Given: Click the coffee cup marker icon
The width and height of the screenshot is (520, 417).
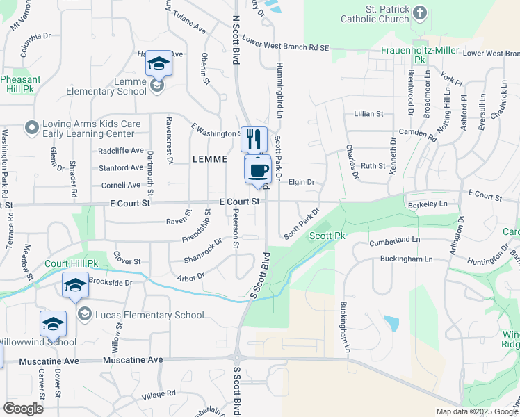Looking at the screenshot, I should pos(258,170).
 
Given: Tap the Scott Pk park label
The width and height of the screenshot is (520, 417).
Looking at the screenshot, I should pos(327,236).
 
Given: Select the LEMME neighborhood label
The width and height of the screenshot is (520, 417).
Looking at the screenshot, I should pos(210,159).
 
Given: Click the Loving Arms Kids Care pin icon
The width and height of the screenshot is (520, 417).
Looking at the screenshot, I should pos(31,129).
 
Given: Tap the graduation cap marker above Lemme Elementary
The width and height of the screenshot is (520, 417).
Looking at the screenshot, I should pos(159,64).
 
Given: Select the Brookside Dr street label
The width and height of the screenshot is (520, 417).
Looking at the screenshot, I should pos(111,283).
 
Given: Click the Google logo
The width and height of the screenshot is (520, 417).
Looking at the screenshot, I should pos(23,408).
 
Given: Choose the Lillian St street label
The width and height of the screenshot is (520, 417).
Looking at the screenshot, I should pos(368,113).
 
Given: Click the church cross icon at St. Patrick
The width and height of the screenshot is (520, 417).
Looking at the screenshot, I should pos(419,13).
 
